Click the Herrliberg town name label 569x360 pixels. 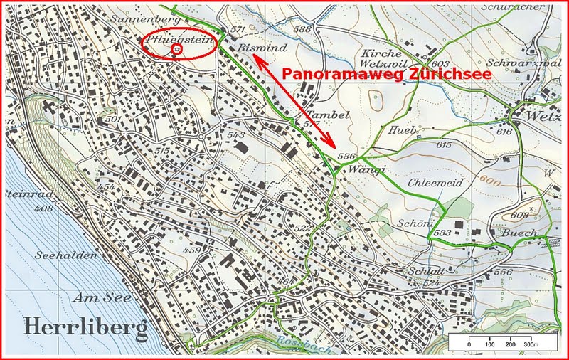tap(85, 327)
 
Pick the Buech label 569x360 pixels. tap(506, 233)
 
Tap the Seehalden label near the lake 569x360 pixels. tap(59, 254)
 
